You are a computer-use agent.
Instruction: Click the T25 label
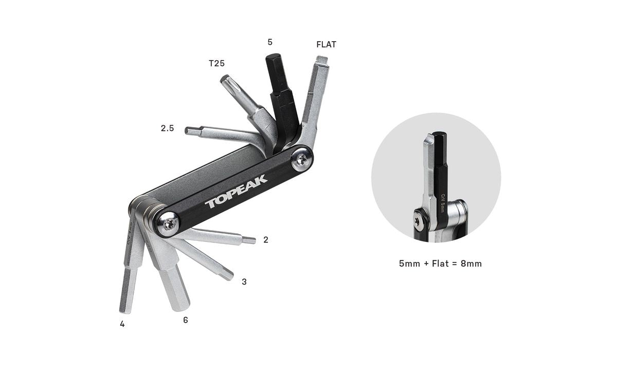[216, 63]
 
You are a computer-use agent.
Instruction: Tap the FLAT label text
[326, 44]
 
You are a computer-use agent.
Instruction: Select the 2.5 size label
[167, 128]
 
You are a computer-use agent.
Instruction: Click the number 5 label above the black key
[270, 42]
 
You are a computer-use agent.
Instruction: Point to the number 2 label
[265, 240]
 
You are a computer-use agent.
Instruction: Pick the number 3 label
[244, 282]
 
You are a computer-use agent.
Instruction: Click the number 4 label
[122, 324]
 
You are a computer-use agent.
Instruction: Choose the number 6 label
[186, 320]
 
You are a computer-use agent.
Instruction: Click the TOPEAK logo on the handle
[236, 190]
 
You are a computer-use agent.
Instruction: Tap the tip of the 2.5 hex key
[188, 131]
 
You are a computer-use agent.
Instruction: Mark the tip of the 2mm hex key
[251, 240]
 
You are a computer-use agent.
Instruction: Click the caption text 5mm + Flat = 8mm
[440, 264]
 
